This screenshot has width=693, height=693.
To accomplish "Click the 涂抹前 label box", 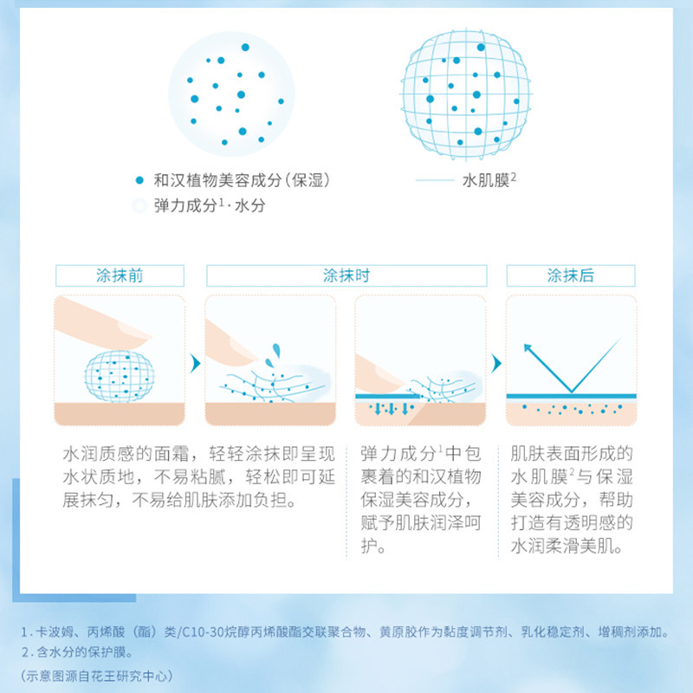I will [120, 275].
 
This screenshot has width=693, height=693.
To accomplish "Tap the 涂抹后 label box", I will [571, 275].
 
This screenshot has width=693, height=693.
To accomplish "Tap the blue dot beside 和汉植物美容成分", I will [138, 180].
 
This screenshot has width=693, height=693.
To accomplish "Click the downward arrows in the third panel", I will [386, 406].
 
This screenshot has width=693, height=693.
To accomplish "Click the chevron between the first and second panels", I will [195, 361].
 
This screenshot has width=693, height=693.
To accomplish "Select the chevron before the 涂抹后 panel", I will [496, 361].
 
